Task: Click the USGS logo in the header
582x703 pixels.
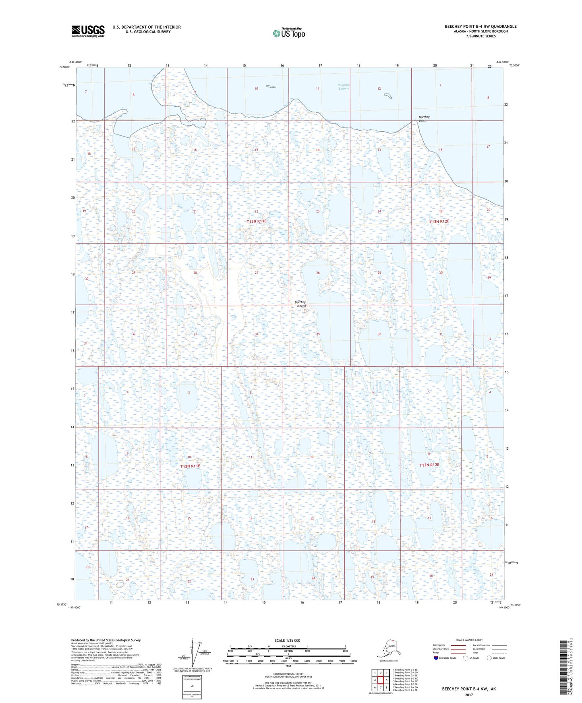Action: (x=88, y=31)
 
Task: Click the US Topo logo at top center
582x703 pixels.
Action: (x=289, y=33)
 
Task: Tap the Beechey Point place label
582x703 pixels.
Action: (x=423, y=119)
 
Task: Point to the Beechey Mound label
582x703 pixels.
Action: (x=300, y=304)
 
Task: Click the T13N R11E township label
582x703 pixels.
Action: (x=257, y=221)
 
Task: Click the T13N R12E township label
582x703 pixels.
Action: (x=439, y=221)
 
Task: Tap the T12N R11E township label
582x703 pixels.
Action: (x=190, y=466)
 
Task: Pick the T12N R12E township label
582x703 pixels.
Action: (x=429, y=465)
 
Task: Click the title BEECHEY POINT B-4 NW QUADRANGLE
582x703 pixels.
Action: (x=481, y=27)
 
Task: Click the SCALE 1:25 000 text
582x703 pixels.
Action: (x=287, y=640)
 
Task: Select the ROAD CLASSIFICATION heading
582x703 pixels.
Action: (x=469, y=640)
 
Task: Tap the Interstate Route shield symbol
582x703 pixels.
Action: (x=436, y=658)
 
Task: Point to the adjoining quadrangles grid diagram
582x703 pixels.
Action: (x=380, y=680)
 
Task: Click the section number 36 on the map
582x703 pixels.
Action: (x=379, y=334)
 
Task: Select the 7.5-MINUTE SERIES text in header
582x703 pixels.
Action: (x=481, y=36)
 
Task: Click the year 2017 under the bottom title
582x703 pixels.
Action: (x=469, y=695)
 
